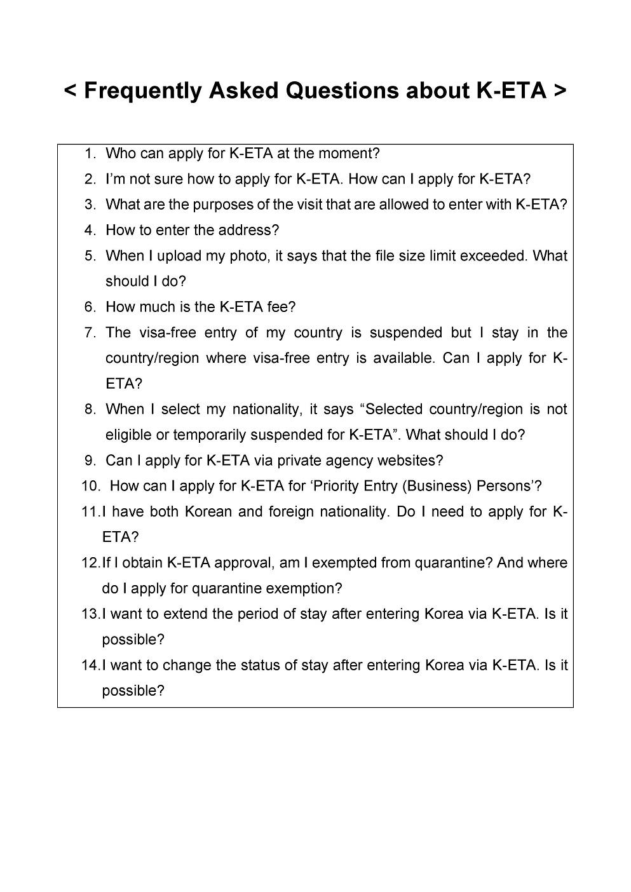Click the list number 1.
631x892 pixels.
tap(90, 154)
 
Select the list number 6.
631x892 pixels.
tap(90, 307)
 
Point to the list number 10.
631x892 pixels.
tap(91, 487)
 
